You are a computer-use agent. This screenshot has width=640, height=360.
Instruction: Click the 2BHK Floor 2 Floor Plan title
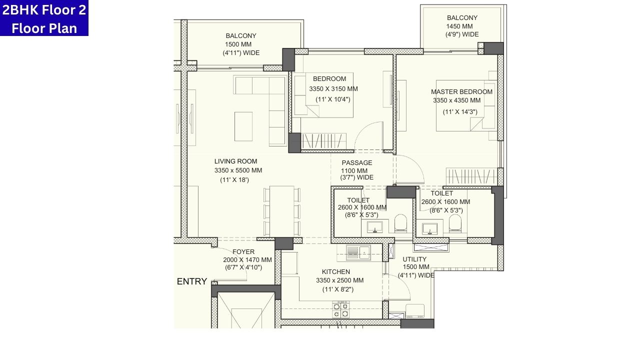pos(44,18)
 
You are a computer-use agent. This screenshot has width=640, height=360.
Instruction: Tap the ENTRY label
pos(191,281)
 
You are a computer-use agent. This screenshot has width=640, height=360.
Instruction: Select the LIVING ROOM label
pos(235,161)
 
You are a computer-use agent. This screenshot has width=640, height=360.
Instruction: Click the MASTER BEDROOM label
pos(461,92)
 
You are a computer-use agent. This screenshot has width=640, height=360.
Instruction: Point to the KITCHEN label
pos(335,272)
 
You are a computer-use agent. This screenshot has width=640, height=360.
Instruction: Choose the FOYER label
pos(243,252)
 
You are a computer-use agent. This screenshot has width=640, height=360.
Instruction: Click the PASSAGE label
pos(357,163)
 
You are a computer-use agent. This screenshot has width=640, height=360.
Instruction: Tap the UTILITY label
pos(414,259)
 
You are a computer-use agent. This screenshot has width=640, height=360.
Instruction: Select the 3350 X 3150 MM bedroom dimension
pos(333,89)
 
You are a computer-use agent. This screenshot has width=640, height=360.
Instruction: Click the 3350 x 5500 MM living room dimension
pos(238,170)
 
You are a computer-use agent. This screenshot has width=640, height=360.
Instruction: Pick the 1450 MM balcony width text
pos(459,26)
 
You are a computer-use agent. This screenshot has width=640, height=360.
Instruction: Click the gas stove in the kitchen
pos(340,310)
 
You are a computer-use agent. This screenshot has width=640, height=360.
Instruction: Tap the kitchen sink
pos(358,252)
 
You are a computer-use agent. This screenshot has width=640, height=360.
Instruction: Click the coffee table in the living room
pos(243,126)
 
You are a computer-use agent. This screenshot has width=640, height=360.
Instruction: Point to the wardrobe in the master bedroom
pos(471,176)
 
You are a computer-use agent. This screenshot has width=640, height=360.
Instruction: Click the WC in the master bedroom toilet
pos(455,223)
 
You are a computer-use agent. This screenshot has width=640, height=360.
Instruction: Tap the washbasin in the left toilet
pos(374,228)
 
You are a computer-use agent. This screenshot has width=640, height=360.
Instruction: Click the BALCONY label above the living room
pos(241,36)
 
